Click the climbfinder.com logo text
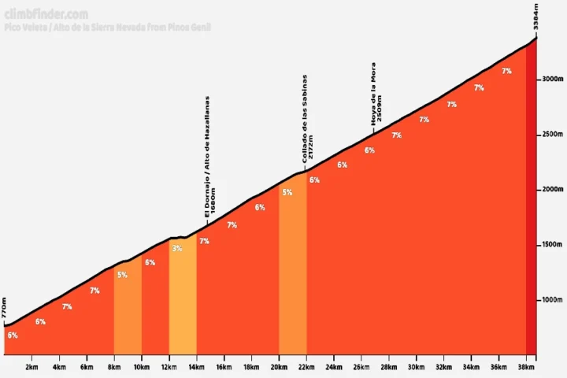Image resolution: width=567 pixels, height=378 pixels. pos(46,14)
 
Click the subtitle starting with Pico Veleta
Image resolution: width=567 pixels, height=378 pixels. pos(107,28)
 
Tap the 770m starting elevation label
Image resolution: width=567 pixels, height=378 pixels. pos(5,307)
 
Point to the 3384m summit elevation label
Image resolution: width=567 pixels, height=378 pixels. pos(535,17)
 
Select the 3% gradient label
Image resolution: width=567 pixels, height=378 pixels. pos(176,249)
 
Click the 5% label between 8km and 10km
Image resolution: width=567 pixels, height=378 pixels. pos(122,275)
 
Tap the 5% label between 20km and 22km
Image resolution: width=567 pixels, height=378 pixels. pos(287,192)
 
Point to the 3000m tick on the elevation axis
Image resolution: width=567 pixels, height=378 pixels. pos(550,80)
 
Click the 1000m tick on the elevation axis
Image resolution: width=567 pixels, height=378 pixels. pos(550,300)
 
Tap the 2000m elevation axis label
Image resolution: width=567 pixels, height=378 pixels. pos(550,190)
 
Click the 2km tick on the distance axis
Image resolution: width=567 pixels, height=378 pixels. pos(32,367)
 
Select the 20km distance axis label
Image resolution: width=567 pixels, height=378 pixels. pos(278,367)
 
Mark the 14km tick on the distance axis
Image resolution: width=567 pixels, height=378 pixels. pos(196,367)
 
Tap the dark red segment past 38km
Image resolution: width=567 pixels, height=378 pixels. pos(532,236)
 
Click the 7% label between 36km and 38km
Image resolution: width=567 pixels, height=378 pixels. pos(506,71)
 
